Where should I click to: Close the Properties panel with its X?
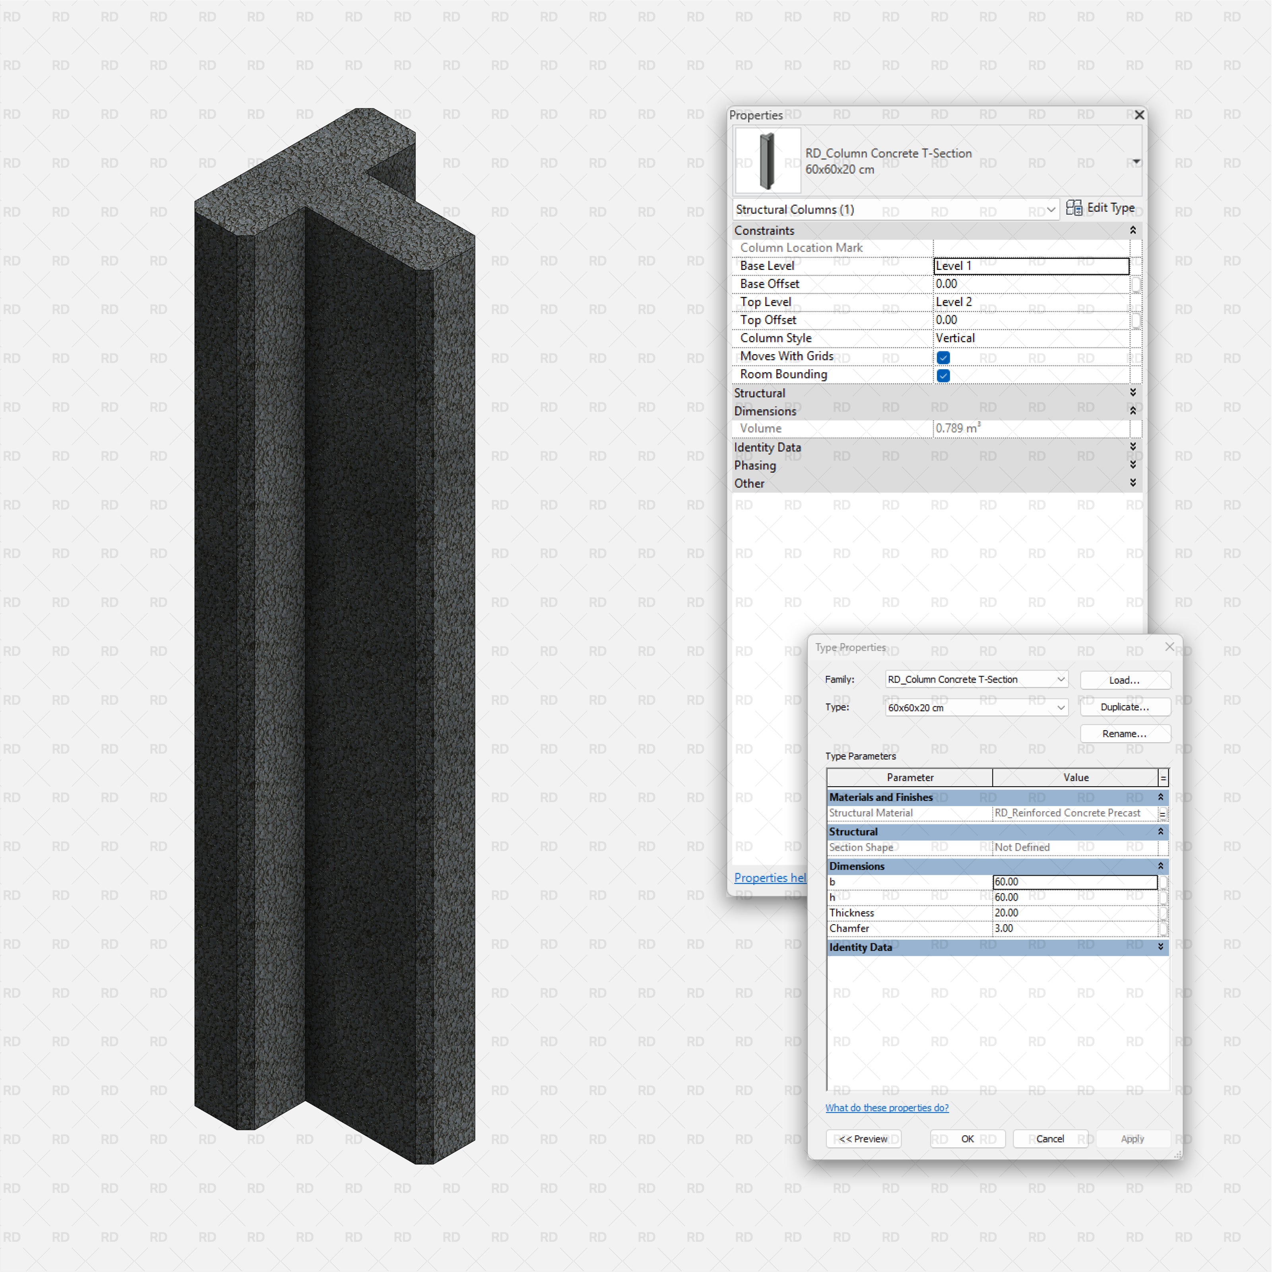[1139, 115]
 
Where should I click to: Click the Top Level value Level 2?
[1030, 302]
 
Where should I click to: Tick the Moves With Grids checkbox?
[943, 357]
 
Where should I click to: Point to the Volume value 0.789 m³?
[958, 429]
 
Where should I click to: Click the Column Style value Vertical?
[1030, 338]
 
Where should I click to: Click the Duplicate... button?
[1125, 707]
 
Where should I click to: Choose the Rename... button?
[1125, 733]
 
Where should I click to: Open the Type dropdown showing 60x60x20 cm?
[976, 708]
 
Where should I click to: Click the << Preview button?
[863, 1139]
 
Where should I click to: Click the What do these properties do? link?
[887, 1108]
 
